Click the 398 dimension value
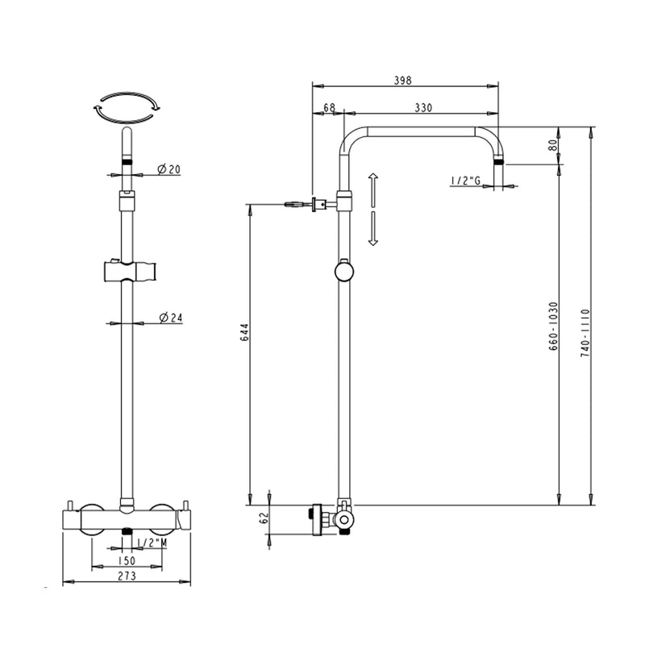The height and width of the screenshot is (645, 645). coord(403,80)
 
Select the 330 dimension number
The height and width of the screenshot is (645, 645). coord(423,107)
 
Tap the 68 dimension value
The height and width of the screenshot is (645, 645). coord(329,107)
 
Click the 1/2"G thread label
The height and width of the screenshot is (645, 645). coord(466,181)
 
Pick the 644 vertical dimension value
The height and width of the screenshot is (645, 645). coord(243,333)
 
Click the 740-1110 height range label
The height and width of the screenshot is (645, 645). coord(585,333)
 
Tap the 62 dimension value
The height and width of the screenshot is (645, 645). coord(262,519)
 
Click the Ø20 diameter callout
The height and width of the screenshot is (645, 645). coord(169,169)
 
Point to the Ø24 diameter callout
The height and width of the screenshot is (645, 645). coord(171,318)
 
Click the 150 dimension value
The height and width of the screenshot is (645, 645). coord(126,560)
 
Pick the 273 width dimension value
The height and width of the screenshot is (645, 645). coord(126,576)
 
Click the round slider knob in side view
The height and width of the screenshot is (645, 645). coord(344,272)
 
